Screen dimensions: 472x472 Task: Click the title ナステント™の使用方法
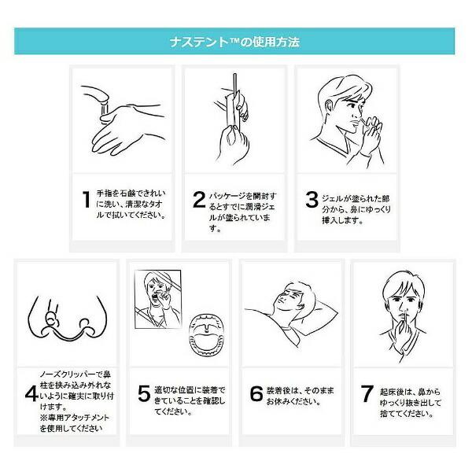[x=234, y=42]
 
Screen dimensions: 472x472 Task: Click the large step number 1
[x=87, y=199]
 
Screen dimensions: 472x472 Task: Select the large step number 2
[x=199, y=199]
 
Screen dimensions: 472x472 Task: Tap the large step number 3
[x=312, y=199]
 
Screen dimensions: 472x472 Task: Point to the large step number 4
[x=31, y=394]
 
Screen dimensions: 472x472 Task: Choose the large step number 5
[x=144, y=393]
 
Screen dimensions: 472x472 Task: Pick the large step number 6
[x=256, y=393]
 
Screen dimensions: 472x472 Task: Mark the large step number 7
[x=367, y=393]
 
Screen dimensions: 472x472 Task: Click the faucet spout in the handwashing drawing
[x=97, y=96]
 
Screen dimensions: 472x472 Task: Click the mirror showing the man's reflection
[x=158, y=299]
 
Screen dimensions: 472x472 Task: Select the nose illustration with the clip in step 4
[x=68, y=318]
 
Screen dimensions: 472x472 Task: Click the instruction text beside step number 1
[x=131, y=205]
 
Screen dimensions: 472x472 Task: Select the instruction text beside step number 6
[x=301, y=396]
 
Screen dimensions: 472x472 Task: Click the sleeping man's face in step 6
[x=290, y=298]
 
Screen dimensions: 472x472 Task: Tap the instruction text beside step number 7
[x=411, y=403]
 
